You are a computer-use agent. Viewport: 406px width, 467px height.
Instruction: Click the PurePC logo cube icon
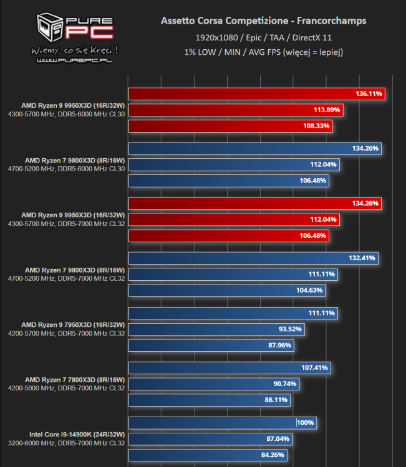point(49,25)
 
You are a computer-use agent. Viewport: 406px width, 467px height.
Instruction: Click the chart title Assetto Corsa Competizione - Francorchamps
point(264,21)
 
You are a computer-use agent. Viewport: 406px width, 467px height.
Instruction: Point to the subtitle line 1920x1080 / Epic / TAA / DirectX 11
point(264,37)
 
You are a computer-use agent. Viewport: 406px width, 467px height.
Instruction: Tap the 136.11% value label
point(369,94)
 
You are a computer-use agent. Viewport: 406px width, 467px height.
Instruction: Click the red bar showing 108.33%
point(230,126)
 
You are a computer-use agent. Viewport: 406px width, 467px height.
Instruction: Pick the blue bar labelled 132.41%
point(253,258)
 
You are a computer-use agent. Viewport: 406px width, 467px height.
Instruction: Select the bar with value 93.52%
point(216,329)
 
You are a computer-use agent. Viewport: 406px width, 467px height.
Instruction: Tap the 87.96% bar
point(211,346)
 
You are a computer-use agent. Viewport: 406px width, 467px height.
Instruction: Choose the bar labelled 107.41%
point(229,368)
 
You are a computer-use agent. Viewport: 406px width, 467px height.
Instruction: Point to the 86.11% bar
point(209,400)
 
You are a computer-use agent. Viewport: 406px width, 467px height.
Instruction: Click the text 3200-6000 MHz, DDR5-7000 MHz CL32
point(67,444)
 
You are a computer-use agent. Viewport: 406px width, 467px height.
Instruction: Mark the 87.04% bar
point(210,439)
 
